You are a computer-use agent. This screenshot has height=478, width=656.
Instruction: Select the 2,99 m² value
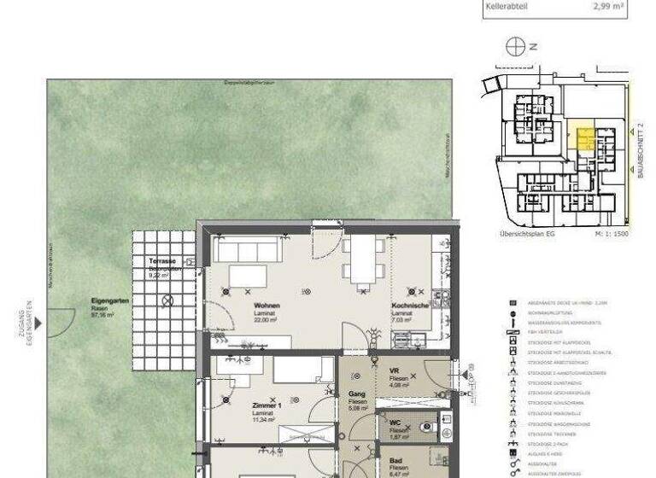[x=608, y=5]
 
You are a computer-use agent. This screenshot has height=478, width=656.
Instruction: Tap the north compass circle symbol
[x=515, y=47]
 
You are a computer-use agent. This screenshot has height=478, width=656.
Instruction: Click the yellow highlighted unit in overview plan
[x=584, y=140]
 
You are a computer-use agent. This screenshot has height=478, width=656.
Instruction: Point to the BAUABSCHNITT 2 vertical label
[x=639, y=149]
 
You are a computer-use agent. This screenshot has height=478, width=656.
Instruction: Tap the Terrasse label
[x=162, y=260]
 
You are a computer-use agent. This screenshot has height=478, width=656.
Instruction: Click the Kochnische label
[x=408, y=305]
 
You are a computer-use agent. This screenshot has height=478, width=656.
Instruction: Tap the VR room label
[x=395, y=370]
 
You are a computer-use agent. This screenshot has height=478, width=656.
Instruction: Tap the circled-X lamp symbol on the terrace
[x=168, y=300]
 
